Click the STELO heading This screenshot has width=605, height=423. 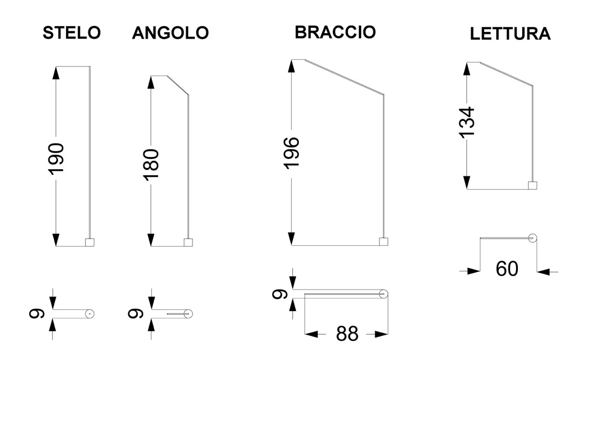tap(72, 33)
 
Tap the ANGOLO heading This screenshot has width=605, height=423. tap(171, 33)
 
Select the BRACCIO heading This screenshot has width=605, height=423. tap(335, 32)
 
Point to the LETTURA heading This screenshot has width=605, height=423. tap(510, 33)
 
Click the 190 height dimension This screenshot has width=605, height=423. tap(56, 159)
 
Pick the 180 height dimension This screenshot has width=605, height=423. tap(151, 164)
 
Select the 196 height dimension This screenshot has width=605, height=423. tap(292, 152)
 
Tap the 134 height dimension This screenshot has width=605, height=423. tap(467, 122)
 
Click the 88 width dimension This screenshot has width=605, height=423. tap(347, 334)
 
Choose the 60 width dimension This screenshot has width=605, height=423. tap(507, 268)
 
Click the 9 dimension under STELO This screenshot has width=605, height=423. tap(37, 314)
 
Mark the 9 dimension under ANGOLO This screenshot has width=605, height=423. tap(136, 314)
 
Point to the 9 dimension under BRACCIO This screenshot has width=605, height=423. tap(280, 294)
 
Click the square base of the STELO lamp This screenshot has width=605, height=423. tap(90, 242)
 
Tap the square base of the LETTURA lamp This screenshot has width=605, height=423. tap(532, 186)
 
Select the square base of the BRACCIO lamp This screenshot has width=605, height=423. tap(384, 242)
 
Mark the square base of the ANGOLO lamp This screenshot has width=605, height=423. tap(188, 242)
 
